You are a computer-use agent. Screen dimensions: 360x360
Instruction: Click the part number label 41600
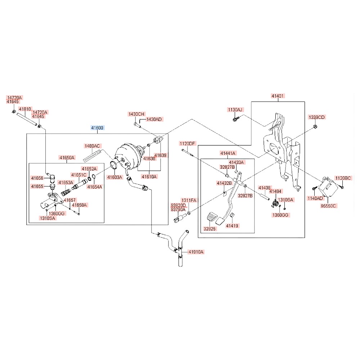coord(97,128)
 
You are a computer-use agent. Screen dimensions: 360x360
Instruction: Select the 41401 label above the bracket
coord(278,96)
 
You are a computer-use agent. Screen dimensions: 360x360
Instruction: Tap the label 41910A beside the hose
coord(196,252)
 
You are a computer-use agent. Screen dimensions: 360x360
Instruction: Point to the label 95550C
coord(328,206)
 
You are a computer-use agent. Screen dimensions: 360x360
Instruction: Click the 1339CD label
coord(316,117)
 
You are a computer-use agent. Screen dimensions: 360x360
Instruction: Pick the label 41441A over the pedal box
coord(228,153)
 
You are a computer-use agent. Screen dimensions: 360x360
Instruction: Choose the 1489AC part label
coord(92,146)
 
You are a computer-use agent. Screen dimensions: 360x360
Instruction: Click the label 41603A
coord(115,177)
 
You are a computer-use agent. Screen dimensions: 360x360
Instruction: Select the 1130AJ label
coord(235,109)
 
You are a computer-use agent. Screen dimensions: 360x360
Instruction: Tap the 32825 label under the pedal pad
coord(210,229)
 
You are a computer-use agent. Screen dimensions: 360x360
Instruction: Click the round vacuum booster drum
coord(127,157)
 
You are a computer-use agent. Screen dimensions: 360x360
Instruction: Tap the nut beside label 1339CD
coord(315,126)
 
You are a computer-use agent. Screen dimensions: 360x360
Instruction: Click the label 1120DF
coord(187,144)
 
